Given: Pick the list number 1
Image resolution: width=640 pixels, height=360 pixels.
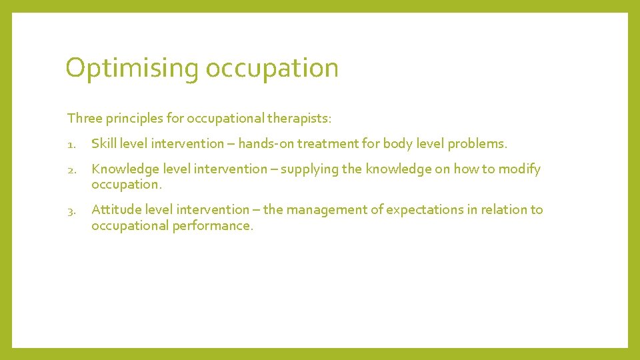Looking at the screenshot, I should [x=71, y=144].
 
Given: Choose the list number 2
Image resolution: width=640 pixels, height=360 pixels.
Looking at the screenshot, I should [x=71, y=169].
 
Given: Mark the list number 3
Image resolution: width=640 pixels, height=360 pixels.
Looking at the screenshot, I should [x=71, y=210].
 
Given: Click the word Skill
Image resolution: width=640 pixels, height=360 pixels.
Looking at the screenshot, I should [x=103, y=143].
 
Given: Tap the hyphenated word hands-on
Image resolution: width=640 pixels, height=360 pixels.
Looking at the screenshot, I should [x=266, y=143].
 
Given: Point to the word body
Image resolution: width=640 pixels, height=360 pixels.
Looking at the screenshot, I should [x=396, y=143].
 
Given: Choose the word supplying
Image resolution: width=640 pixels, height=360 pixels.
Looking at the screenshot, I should [x=309, y=169].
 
